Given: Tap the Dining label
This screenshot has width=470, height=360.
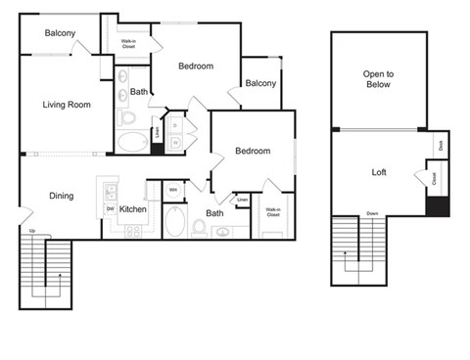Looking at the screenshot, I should coord(61,196).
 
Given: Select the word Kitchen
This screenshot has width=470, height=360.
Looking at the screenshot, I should coord(133,208).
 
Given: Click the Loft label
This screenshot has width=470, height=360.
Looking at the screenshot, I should coord(379,172).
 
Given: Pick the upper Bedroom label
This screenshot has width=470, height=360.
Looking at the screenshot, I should coord(196,67).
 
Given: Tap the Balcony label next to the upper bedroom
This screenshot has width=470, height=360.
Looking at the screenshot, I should coord(259,83).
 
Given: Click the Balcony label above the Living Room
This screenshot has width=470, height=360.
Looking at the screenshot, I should coord(60,33).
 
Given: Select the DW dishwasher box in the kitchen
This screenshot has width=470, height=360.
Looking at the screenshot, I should coord(110,208).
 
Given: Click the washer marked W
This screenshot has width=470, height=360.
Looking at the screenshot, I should coord(174,142).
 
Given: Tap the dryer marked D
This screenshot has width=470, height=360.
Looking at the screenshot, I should coord(174,126).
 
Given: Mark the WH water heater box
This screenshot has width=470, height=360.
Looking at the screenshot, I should coord(172,190).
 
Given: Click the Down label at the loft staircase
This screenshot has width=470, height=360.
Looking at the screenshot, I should coord(372,212).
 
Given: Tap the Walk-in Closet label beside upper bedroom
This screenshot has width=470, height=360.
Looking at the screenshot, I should coord(128,43).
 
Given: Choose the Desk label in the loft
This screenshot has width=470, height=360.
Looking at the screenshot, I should coord(441,144).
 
